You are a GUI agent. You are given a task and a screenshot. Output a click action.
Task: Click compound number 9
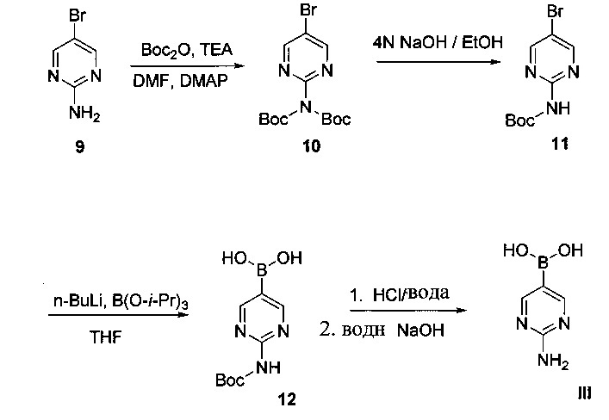[79, 146]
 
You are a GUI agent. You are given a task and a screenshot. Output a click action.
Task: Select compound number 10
[312, 145]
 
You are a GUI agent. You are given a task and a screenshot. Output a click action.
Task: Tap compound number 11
[560, 144]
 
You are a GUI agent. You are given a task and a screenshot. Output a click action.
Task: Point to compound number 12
[287, 399]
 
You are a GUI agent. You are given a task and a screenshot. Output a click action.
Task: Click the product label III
[585, 393]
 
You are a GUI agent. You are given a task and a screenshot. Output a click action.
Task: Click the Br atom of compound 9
[78, 15]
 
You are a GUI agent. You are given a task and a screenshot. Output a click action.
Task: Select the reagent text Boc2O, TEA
[187, 50]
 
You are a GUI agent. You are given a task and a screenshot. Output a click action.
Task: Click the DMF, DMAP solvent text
[180, 81]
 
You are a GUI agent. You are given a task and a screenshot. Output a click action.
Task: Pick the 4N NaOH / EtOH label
[438, 42]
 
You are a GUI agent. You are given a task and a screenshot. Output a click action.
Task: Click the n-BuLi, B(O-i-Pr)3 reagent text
[121, 301]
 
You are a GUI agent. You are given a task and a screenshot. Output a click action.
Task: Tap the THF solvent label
[106, 337]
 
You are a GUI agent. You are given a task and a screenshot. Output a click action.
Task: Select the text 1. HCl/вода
[400, 294]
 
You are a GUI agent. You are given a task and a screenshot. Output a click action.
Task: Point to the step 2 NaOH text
[382, 330]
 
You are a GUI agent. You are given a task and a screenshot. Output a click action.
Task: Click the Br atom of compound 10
[308, 10]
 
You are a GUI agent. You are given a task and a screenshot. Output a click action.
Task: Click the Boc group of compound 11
[519, 120]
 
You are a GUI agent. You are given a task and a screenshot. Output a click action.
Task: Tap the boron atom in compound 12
[262, 269]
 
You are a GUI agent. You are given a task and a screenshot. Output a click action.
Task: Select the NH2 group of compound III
[554, 361]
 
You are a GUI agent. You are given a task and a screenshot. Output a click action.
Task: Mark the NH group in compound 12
[268, 367]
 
